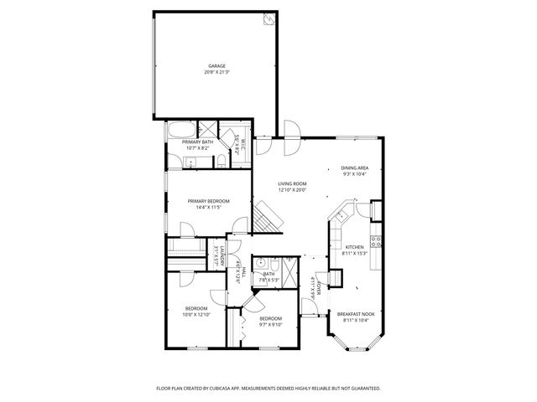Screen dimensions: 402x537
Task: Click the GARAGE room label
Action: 216,65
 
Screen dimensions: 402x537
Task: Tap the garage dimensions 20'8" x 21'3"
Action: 216,72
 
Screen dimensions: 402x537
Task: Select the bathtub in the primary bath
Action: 180,131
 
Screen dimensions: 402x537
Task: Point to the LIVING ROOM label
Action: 293,183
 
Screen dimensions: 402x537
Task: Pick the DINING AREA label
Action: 355,167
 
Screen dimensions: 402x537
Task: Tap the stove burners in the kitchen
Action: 377,243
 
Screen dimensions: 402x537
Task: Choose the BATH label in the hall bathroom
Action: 268,274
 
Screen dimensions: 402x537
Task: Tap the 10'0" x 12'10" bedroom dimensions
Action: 196,314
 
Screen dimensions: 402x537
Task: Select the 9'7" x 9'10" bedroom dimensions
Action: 271,324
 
